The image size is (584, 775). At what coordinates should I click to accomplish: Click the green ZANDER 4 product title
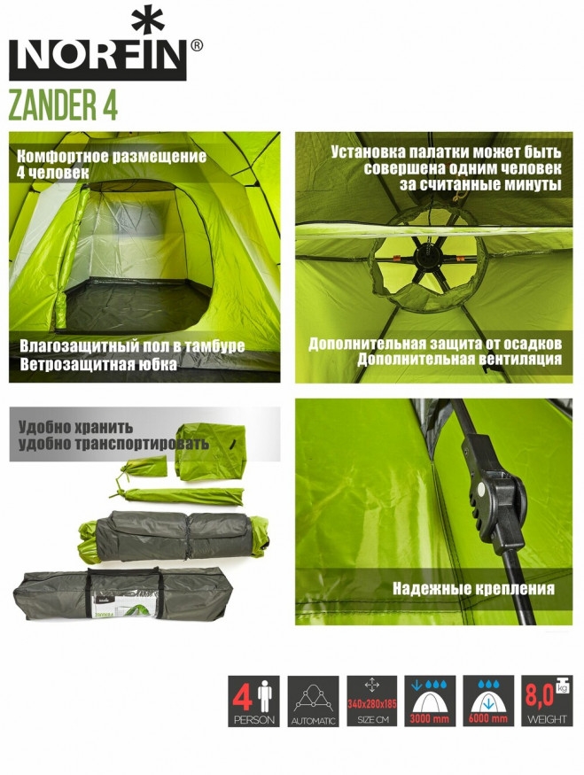click(63, 105)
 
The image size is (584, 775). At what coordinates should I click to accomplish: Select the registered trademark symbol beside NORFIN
click(196, 44)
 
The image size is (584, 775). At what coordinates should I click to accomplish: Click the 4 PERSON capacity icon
click(253, 701)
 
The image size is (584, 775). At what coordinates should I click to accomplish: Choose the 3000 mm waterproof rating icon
click(431, 701)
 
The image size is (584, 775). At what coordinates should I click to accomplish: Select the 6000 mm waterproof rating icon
click(488, 701)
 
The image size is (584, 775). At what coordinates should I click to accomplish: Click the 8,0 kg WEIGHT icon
click(547, 701)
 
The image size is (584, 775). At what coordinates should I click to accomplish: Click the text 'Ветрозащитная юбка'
click(97, 364)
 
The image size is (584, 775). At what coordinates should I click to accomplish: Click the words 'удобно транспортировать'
click(113, 444)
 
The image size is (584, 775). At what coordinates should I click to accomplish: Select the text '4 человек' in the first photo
click(52, 174)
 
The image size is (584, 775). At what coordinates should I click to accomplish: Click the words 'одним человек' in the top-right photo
click(504, 168)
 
